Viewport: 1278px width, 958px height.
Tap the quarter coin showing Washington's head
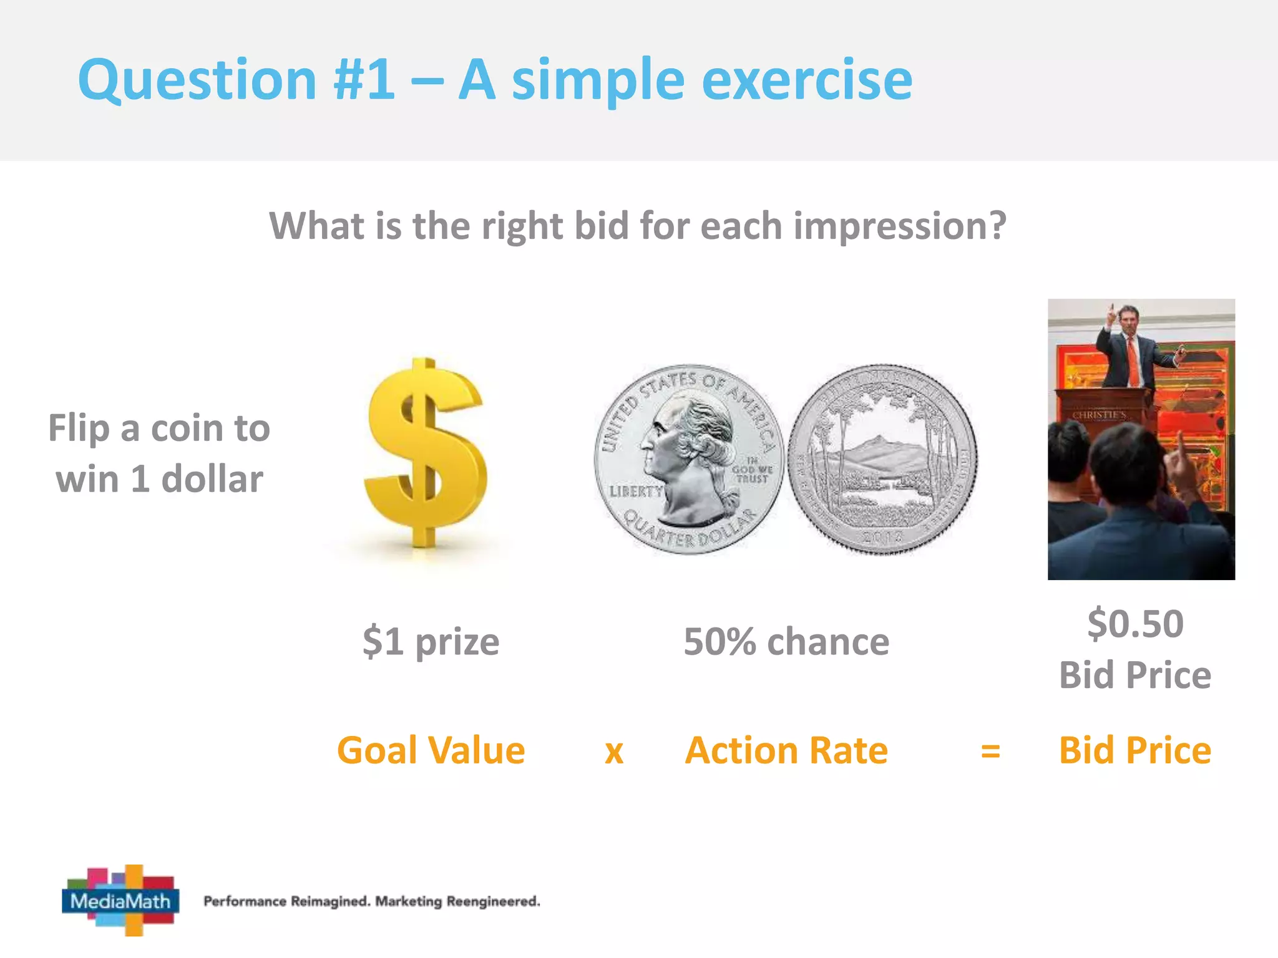tap(689, 459)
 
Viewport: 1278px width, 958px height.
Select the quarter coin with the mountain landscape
tap(882, 459)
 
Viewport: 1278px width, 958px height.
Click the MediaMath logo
tap(120, 900)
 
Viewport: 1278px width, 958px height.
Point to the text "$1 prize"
tap(431, 641)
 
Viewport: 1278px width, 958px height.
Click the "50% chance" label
tap(786, 641)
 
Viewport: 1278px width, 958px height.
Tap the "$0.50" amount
tap(1135, 623)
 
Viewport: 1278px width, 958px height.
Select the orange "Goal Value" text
tap(431, 750)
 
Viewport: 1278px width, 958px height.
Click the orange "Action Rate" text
tap(786, 750)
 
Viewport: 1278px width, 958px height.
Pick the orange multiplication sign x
tap(614, 752)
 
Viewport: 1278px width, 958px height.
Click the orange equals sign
tap(990, 751)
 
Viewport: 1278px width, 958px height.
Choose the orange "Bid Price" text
tap(1135, 750)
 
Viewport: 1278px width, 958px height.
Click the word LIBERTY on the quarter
tap(635, 491)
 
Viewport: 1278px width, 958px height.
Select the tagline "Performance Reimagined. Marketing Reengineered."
tap(372, 901)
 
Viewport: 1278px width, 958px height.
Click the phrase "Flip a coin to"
tap(159, 428)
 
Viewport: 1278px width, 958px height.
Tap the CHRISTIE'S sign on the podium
tap(1099, 415)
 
